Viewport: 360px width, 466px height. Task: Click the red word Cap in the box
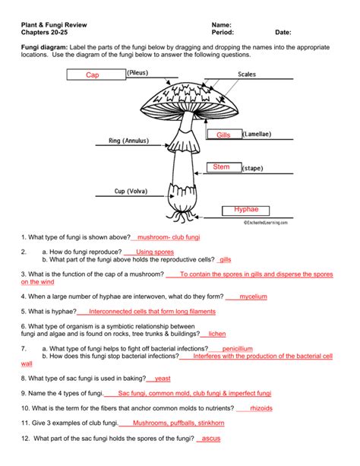[x=93, y=75]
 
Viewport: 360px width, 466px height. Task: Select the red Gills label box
[x=225, y=135]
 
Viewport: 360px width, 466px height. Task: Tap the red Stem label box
[x=224, y=167]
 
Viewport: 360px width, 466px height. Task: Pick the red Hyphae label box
[x=245, y=211]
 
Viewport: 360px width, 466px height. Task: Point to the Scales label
[x=247, y=74]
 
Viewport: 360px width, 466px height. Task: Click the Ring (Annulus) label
[x=128, y=141]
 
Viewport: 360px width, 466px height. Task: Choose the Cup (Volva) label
[x=131, y=191]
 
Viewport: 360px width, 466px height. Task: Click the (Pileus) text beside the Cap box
[x=137, y=73]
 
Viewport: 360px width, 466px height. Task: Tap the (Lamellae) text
[x=257, y=135]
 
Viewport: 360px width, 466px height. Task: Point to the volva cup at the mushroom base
[x=182, y=197]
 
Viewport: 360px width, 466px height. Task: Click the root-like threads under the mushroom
[x=182, y=217]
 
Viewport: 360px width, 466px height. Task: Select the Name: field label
[x=221, y=25]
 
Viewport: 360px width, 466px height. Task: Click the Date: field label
[x=283, y=33]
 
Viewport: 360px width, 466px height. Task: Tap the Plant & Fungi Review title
[x=54, y=25]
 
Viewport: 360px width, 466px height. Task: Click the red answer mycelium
[x=254, y=296]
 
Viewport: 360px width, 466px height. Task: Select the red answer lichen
[x=217, y=334]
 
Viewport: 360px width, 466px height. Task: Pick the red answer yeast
[x=163, y=379]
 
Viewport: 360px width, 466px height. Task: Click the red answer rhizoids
[x=261, y=408]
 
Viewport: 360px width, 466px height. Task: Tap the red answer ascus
[x=211, y=439]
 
